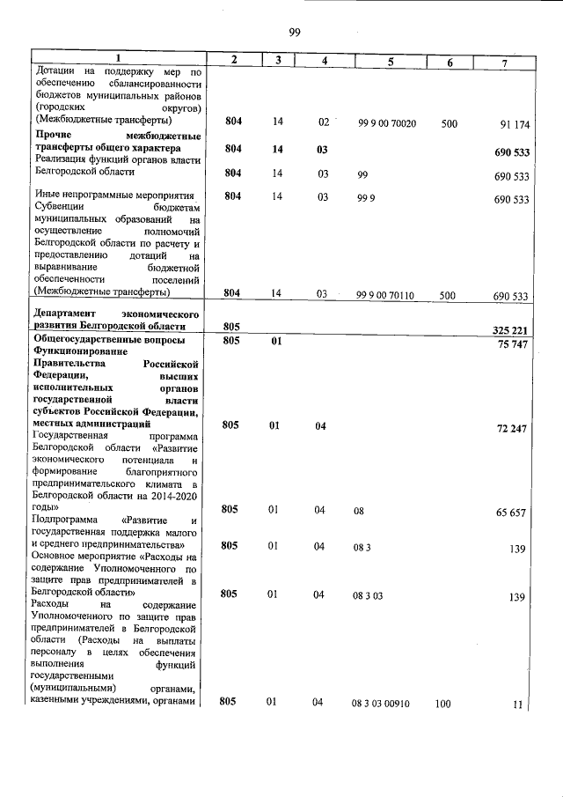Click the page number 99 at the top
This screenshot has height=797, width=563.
[x=295, y=33]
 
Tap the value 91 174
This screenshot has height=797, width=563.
[x=514, y=124]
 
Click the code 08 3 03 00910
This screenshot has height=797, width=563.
[x=387, y=702]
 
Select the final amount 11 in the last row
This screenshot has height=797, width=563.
[x=518, y=704]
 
